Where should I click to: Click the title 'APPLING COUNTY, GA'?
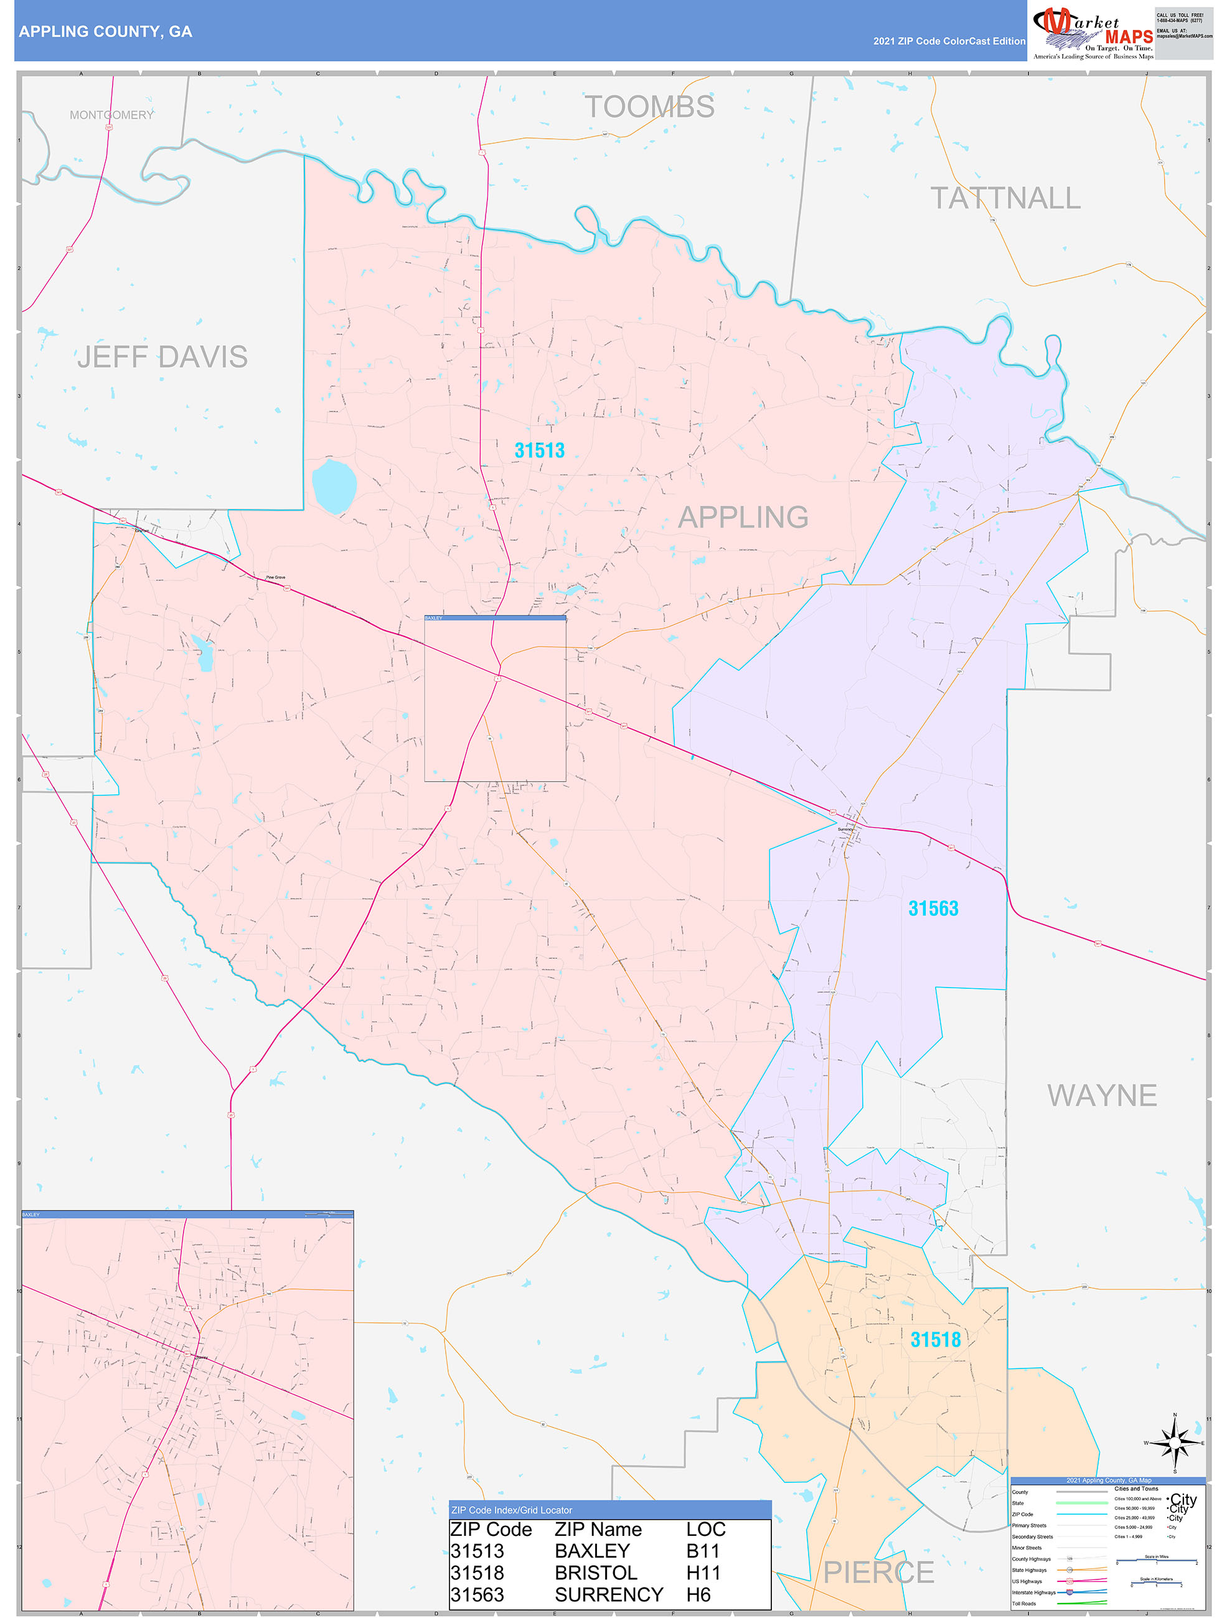pos(105,32)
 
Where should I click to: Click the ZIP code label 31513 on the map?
pos(539,451)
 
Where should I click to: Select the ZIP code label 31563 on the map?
pos(933,909)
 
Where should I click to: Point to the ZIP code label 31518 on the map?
pos(935,1339)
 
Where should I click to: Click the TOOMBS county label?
pos(649,107)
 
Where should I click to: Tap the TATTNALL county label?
pos(1005,199)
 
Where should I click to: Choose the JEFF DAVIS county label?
pos(162,357)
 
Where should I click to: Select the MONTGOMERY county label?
pos(111,115)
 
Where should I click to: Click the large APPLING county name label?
pos(743,517)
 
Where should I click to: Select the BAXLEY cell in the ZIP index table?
pos(592,1551)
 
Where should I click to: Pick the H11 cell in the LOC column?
pos(702,1573)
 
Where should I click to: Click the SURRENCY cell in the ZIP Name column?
pos(609,1594)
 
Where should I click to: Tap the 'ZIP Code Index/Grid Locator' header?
pos(512,1510)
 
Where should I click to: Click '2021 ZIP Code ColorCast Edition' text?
pos(949,41)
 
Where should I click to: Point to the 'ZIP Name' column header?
pos(598,1530)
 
